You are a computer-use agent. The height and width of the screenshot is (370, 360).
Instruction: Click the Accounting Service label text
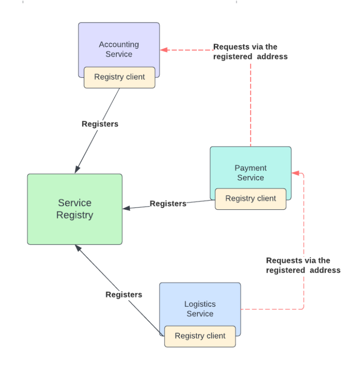[x=119, y=49]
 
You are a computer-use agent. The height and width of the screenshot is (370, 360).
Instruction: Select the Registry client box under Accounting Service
[x=120, y=77]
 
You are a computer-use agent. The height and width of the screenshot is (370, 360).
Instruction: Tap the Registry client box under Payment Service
[x=250, y=199]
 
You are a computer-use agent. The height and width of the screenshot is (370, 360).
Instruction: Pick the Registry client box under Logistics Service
[x=200, y=336]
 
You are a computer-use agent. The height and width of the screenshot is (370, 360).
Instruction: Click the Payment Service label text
[x=250, y=173]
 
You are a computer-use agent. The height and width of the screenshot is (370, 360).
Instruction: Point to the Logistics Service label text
[x=200, y=309]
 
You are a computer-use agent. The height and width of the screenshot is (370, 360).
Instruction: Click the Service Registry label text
[x=75, y=209]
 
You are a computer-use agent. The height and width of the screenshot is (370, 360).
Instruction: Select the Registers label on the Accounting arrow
[x=100, y=124]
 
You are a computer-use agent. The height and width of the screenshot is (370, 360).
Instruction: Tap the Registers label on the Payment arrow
[x=168, y=204]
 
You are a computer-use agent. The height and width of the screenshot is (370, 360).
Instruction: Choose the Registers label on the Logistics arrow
[x=124, y=295]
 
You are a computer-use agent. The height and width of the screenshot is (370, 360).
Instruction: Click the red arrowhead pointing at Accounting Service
[x=164, y=50]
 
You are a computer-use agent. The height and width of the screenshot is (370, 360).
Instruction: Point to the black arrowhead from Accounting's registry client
[x=77, y=170]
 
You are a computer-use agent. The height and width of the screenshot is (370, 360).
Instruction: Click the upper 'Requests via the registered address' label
[x=250, y=52]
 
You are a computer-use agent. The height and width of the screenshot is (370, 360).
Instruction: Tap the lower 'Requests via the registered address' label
[x=303, y=265]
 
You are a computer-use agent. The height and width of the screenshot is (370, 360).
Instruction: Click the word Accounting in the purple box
[x=119, y=44]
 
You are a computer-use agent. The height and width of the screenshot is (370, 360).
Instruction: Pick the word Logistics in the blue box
[x=200, y=304]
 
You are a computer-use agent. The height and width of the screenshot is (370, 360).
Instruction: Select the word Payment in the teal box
[x=250, y=168]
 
